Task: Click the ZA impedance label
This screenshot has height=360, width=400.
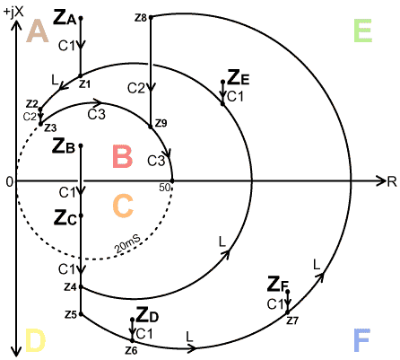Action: [65, 18]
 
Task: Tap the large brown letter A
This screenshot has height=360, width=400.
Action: [38, 31]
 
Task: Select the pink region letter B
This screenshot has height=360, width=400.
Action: [123, 156]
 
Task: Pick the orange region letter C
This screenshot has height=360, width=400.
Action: [123, 206]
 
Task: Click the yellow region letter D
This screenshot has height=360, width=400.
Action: [35, 340]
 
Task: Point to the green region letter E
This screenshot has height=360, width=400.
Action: [363, 31]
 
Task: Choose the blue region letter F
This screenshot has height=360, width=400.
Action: [362, 340]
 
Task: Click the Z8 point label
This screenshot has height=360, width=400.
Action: [141, 18]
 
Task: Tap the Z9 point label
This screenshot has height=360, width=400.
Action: [161, 123]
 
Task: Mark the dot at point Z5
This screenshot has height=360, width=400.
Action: [81, 314]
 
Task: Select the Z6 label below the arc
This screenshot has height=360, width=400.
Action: [131, 350]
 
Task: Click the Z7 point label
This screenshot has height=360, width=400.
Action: [292, 320]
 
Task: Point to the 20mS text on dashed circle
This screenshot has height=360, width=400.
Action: [127, 244]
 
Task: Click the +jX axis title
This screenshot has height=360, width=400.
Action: [13, 13]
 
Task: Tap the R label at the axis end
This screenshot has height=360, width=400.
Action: [392, 181]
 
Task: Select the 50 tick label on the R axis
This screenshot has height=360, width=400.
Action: [165, 188]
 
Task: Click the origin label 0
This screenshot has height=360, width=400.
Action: [10, 182]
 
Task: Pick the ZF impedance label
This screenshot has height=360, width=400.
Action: [278, 285]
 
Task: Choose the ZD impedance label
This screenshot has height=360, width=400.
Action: [147, 315]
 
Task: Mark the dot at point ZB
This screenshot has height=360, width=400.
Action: [81, 145]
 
